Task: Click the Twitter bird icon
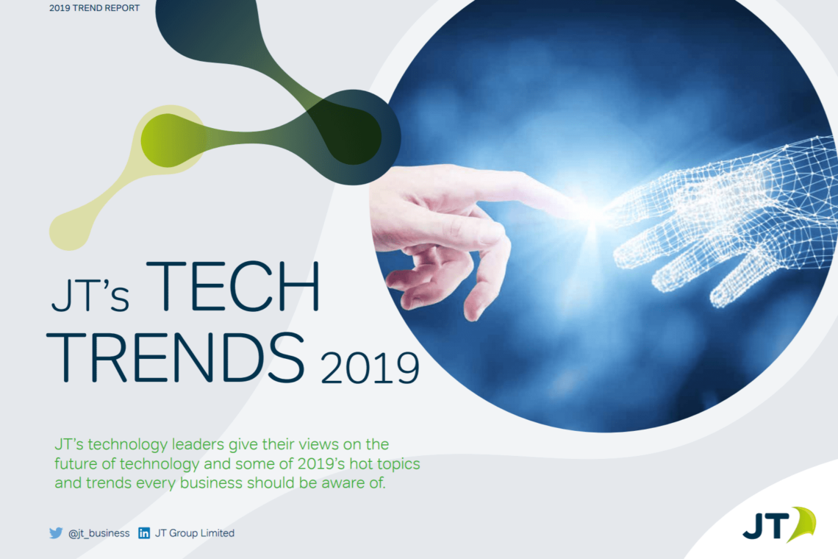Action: point(56,533)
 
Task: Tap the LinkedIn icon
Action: point(144,533)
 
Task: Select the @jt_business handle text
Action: point(99,533)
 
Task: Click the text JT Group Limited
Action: point(195,533)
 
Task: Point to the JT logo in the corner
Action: point(779,524)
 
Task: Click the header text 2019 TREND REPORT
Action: point(94,8)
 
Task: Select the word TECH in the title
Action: point(233,286)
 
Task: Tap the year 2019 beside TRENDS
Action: point(370,368)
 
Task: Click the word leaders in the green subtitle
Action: point(198,444)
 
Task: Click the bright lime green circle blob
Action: point(168,140)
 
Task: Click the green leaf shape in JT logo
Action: point(803,523)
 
